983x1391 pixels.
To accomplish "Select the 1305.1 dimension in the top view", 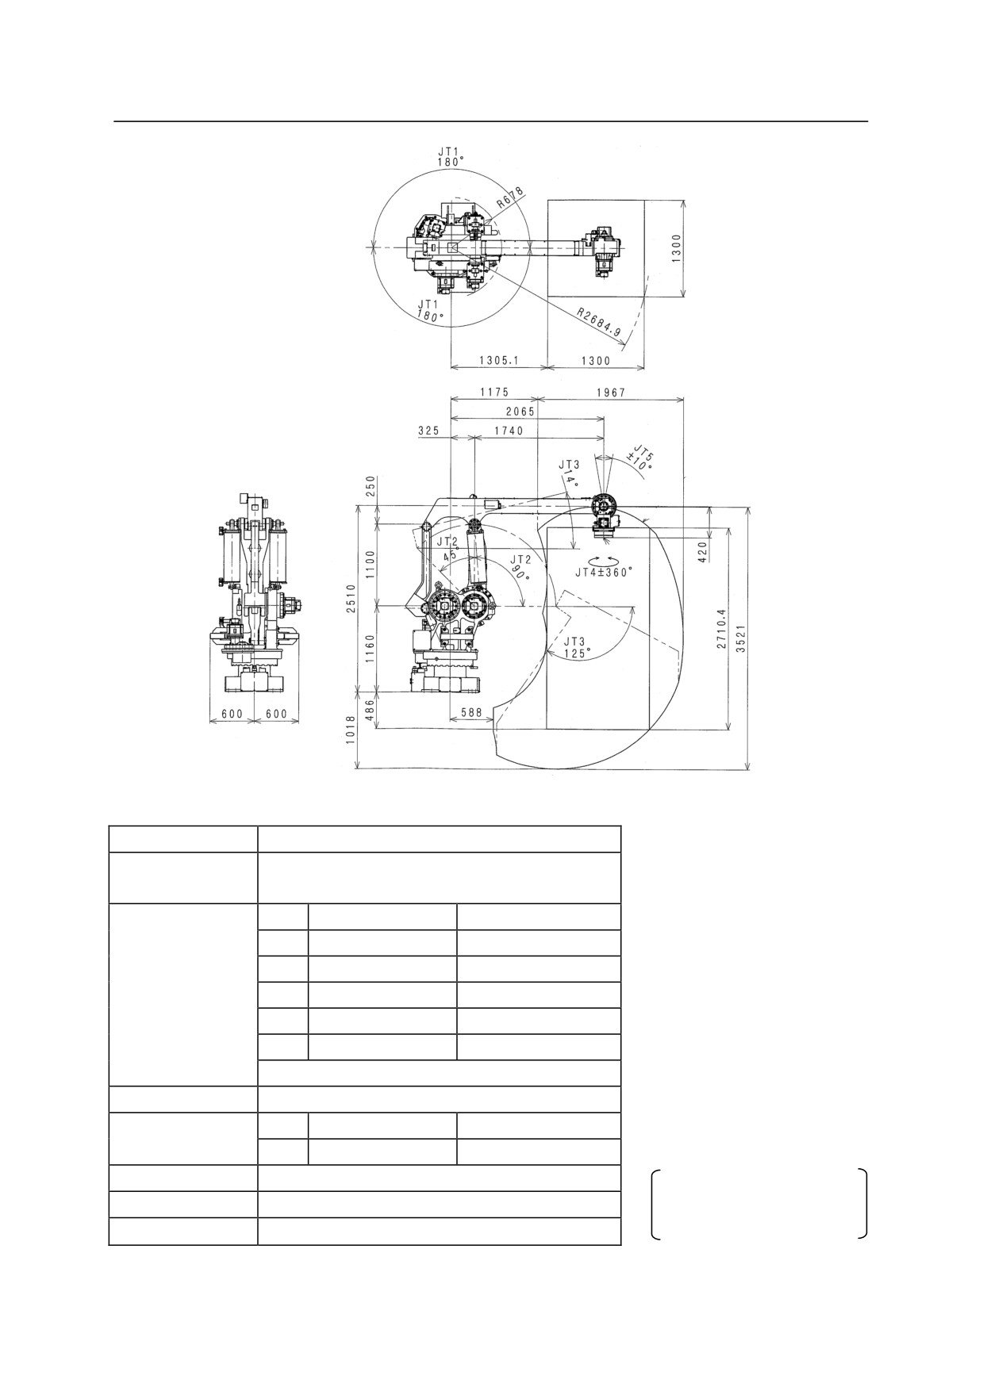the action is tap(498, 360).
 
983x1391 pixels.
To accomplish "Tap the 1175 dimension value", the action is tap(493, 392).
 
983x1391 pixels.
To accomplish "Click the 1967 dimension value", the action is tap(610, 392).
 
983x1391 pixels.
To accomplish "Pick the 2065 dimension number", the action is tap(520, 412).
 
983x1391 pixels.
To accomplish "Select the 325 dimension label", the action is tap(428, 430).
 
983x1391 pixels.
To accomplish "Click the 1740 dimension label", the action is tap(509, 430).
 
